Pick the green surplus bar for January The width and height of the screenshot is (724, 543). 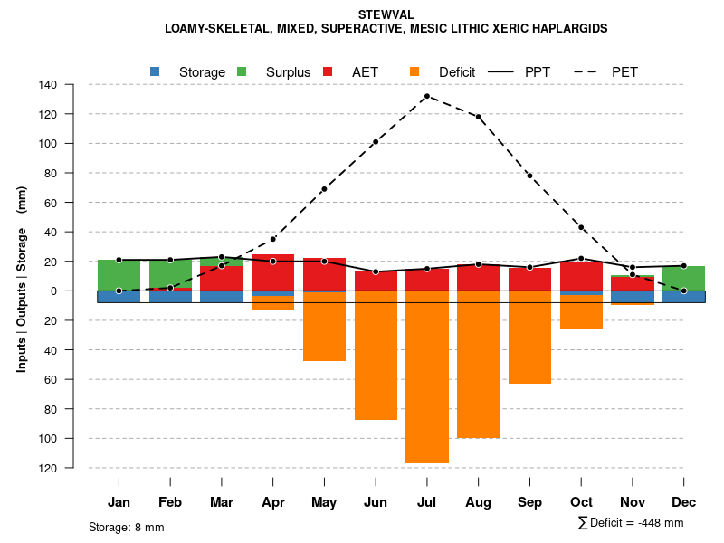(x=119, y=274)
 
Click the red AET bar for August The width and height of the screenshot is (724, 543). (x=478, y=278)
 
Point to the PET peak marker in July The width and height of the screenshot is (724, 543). (x=427, y=96)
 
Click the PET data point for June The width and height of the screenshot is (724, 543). (x=376, y=142)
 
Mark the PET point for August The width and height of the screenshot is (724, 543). (x=478, y=117)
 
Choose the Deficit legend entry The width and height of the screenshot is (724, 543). (x=443, y=72)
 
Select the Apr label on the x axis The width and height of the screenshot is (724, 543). (x=273, y=502)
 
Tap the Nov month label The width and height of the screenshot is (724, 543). (x=633, y=502)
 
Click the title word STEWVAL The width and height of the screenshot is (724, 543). (x=386, y=15)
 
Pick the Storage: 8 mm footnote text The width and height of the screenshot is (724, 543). (x=127, y=527)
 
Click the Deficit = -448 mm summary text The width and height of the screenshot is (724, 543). (x=632, y=523)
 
